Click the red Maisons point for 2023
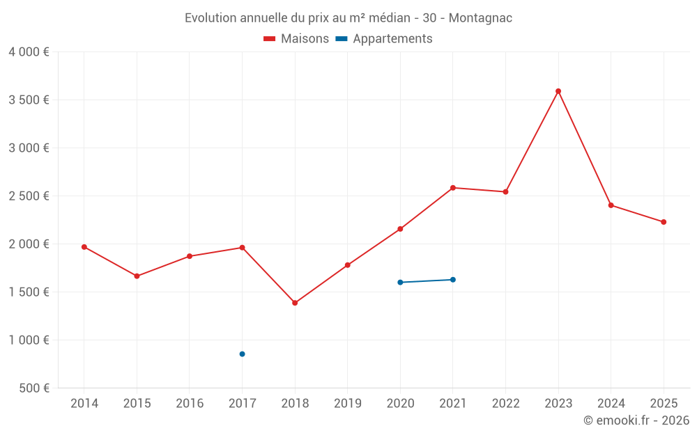tap(558, 91)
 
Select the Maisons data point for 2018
tap(295, 303)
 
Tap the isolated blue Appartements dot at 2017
tap(242, 354)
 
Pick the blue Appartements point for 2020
tap(400, 283)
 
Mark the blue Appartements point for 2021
tap(453, 280)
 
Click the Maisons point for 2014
tap(84, 247)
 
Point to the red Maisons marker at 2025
tap(664, 222)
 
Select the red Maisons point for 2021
tap(453, 188)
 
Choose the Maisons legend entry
tap(296, 39)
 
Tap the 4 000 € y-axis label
tap(29, 52)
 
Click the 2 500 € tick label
tap(29, 196)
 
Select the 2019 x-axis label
tap(347, 404)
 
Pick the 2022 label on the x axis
tap(505, 404)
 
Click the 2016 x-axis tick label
tap(190, 404)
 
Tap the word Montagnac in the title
tap(480, 18)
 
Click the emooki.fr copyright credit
tap(636, 420)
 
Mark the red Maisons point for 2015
tap(137, 276)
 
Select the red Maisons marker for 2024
tap(611, 205)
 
